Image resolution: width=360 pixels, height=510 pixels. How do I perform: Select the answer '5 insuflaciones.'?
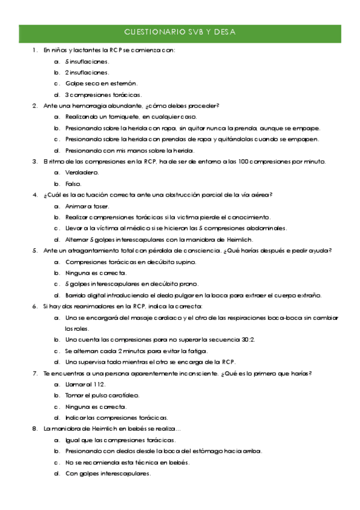coord(87,61)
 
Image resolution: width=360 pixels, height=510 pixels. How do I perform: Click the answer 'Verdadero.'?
coord(82,173)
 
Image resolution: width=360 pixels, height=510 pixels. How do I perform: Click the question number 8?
coord(35,429)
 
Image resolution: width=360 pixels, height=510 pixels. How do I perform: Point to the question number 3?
coord(35,161)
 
